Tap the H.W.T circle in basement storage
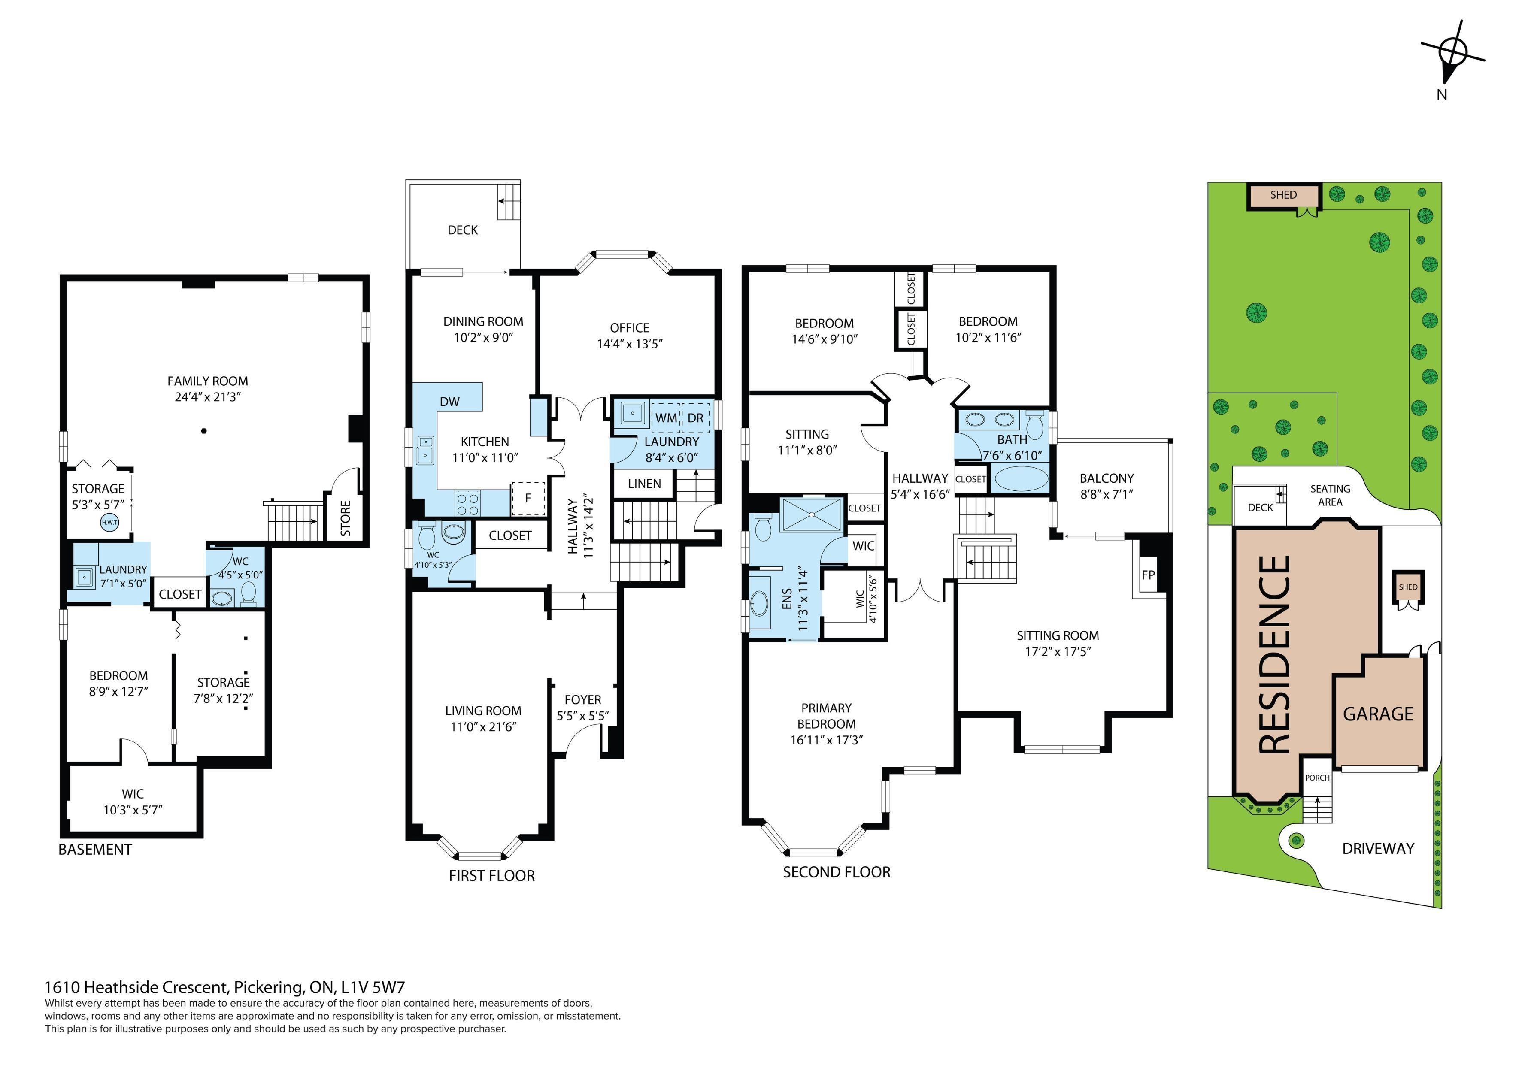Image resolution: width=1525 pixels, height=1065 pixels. [109, 523]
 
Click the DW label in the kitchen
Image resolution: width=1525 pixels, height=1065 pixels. [450, 402]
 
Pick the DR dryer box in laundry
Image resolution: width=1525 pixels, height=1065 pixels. [695, 418]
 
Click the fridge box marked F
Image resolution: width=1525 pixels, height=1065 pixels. [528, 498]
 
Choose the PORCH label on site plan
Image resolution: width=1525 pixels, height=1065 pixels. [1317, 778]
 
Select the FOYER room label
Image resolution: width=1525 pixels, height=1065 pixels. [582, 700]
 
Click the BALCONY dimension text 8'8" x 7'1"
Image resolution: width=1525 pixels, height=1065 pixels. [1107, 494]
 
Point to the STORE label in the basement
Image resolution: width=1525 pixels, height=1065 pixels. [345, 518]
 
